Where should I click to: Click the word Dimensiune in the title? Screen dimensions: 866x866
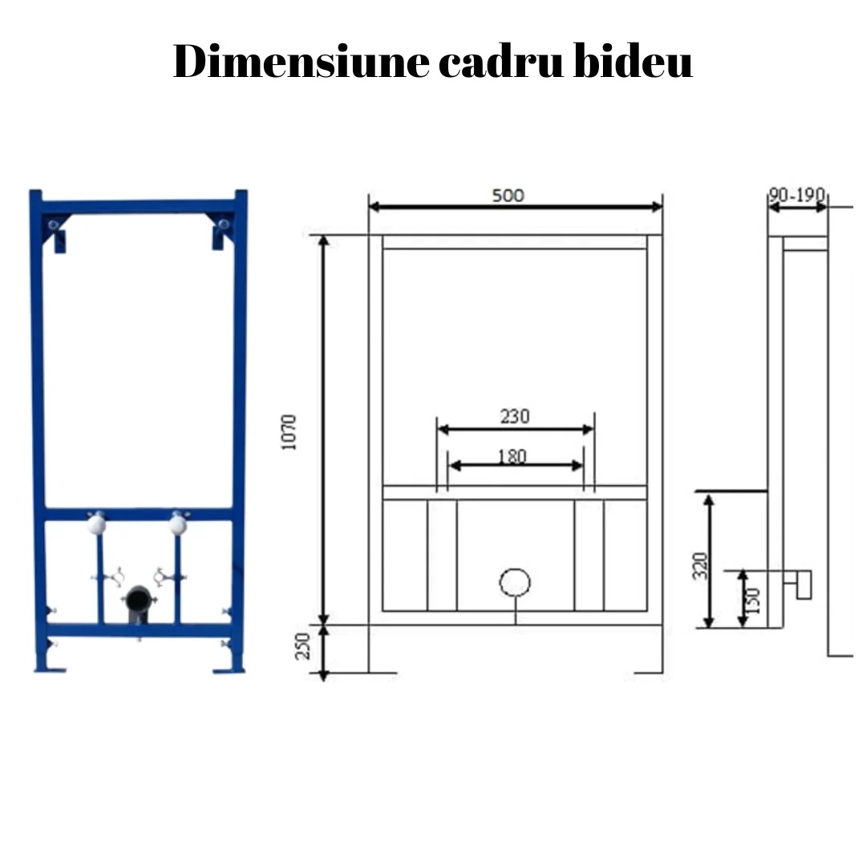tap(301, 61)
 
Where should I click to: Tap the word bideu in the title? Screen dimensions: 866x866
tap(633, 61)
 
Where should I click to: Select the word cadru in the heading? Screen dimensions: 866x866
tap(501, 61)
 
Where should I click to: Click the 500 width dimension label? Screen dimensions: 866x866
tap(508, 196)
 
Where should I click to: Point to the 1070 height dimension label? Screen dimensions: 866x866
tap(289, 432)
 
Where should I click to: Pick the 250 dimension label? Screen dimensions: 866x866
tap(302, 646)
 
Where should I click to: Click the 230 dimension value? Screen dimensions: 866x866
tap(515, 416)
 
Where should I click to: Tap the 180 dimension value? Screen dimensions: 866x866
tap(512, 457)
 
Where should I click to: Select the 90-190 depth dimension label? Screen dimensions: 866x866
tap(797, 194)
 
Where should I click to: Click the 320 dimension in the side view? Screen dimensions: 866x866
tap(700, 565)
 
